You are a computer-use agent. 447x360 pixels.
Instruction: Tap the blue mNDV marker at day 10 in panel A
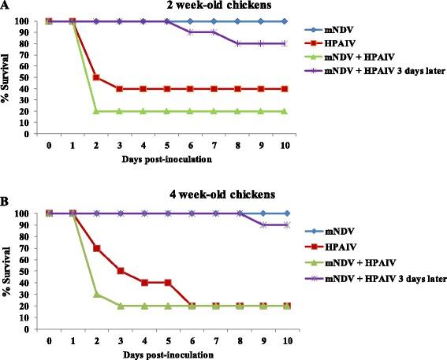click(x=281, y=21)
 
